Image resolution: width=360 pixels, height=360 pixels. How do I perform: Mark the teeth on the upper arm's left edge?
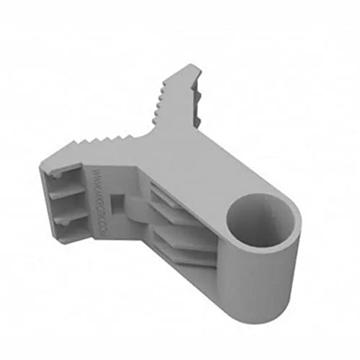(160, 101)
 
